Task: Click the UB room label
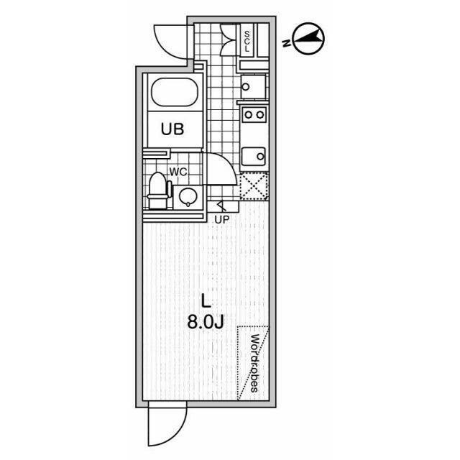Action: pos(172,129)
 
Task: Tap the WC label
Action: pos(178,172)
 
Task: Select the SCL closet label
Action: pos(247,42)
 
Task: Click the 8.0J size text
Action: pos(206,323)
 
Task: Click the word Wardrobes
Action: pos(254,363)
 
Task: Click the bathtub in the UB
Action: pos(174,92)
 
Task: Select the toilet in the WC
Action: pos(158,190)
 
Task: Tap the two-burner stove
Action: pos(254,114)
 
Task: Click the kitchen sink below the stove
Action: pos(254,157)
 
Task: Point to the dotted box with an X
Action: pos(254,187)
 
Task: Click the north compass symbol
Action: pos(308,39)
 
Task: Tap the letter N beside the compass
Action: pos(286,43)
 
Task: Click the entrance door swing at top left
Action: pos(171,42)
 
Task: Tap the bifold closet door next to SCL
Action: pos(229,40)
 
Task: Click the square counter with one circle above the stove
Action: pos(253,86)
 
